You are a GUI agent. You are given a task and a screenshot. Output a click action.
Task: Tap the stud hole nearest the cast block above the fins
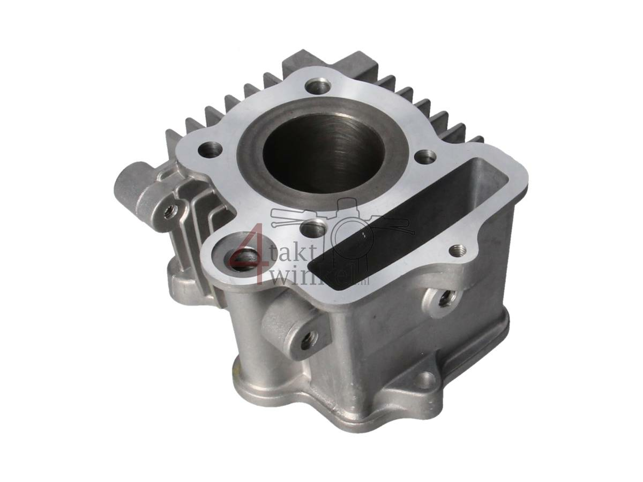[x=316, y=86]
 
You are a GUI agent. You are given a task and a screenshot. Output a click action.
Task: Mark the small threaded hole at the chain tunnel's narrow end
[x=457, y=249]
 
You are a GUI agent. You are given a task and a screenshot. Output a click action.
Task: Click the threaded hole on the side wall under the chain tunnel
[x=444, y=300]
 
